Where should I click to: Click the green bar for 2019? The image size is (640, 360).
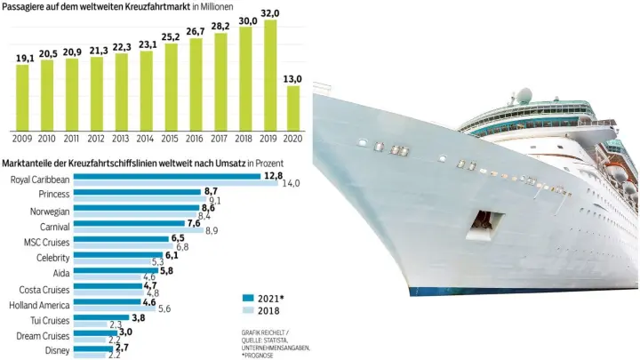pyautogui.click(x=271, y=76)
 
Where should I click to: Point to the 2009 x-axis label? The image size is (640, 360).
pyautogui.click(x=22, y=138)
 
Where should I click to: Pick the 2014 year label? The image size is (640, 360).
pyautogui.click(x=147, y=138)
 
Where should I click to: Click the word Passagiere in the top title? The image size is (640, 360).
pyautogui.click(x=29, y=6)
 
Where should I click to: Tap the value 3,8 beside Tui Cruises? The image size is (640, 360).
pyautogui.click(x=138, y=318)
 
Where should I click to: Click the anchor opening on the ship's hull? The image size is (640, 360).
pyautogui.click(x=485, y=218)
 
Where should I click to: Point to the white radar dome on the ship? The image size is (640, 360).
pyautogui.click(x=525, y=94)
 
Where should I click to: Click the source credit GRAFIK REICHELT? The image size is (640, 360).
pyautogui.click(x=265, y=332)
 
